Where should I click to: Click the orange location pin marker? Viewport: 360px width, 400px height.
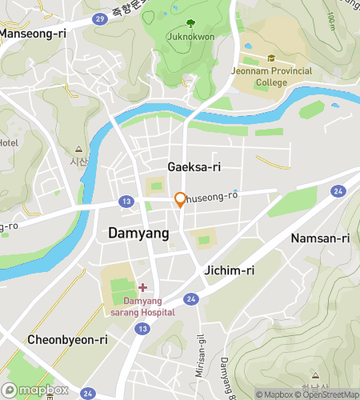click(x=181, y=200)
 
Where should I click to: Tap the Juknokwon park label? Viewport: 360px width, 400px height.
click(x=190, y=36)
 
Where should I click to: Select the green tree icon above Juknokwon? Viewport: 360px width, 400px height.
click(x=190, y=24)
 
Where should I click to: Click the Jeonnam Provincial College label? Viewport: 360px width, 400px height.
click(x=272, y=75)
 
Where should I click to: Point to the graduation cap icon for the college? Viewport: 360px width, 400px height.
click(x=272, y=58)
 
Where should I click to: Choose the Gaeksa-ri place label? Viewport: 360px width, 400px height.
click(x=194, y=166)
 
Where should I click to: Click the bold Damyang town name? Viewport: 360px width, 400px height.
click(x=138, y=234)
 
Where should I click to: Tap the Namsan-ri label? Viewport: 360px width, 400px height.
click(x=321, y=238)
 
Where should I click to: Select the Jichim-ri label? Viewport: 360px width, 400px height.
click(x=230, y=270)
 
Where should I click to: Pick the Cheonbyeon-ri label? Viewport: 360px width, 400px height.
click(x=67, y=339)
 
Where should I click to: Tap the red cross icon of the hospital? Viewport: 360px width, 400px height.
click(x=142, y=286)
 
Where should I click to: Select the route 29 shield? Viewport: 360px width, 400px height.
click(x=98, y=18)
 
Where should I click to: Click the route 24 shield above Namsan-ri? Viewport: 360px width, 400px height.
click(x=339, y=191)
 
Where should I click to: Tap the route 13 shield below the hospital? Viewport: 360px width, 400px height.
click(x=142, y=329)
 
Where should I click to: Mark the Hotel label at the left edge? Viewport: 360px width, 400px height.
click(x=8, y=142)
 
